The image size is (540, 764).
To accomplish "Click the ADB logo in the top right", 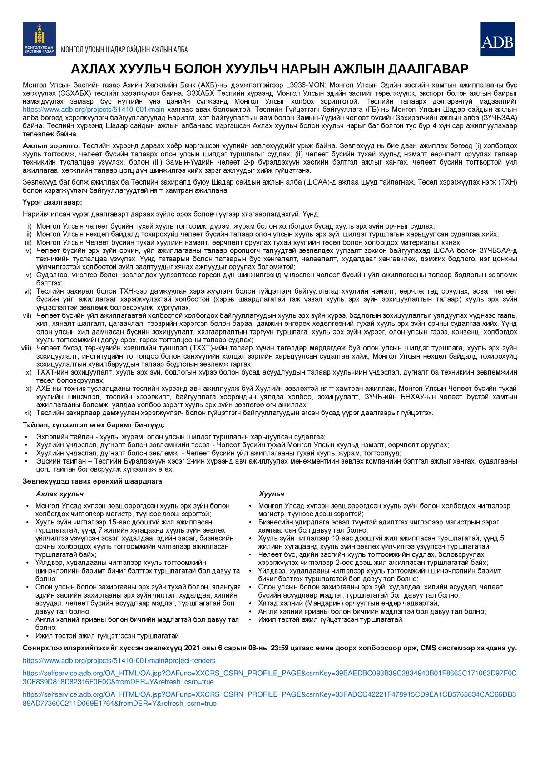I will [x=497, y=39].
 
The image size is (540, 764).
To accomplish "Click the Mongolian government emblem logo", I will [x=40, y=39].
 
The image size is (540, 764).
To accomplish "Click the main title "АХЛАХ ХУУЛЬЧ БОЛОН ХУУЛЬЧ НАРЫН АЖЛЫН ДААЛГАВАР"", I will [x=270, y=69].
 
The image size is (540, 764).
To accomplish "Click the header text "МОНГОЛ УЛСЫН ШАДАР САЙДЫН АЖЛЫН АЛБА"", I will [x=124, y=50].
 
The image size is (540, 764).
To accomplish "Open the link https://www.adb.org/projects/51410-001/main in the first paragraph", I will [x=94, y=110].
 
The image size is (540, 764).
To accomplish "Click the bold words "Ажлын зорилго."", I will [x=51, y=146].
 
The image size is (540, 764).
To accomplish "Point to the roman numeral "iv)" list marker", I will [x=28, y=250].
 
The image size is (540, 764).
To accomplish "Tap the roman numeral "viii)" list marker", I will [x=26, y=348].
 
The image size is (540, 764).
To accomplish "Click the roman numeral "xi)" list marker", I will [x=28, y=413].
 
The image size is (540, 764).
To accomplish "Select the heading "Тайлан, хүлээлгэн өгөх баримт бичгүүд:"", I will [x=94, y=425].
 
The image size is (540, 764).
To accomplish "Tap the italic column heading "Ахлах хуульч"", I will [x=59, y=494].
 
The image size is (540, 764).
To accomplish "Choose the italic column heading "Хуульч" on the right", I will [x=271, y=494].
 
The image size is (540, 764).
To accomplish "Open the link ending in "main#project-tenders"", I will [x=119, y=661].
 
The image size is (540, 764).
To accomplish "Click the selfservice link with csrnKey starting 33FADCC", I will [x=269, y=699].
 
